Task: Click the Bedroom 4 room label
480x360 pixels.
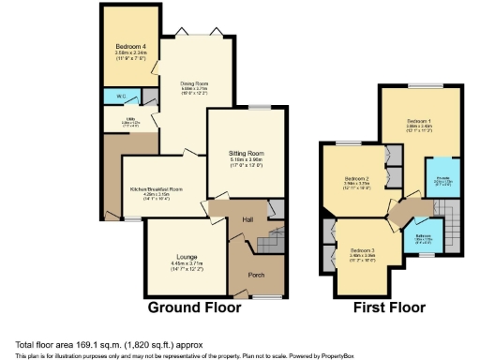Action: coord(127,45)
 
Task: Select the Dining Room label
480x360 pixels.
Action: coord(194,82)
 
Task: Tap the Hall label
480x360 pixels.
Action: coord(247,219)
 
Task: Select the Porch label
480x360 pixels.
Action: coord(256,276)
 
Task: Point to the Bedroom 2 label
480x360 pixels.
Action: coord(354,178)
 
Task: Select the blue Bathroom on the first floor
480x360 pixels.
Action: coord(423,238)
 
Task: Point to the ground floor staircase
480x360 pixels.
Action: coord(271,239)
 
